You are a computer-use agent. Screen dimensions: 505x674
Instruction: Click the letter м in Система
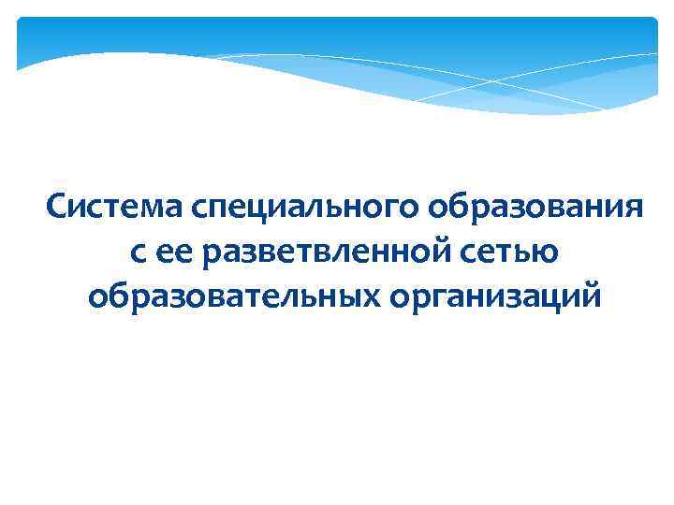[157, 208]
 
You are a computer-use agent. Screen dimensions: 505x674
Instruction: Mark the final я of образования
[633, 208]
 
